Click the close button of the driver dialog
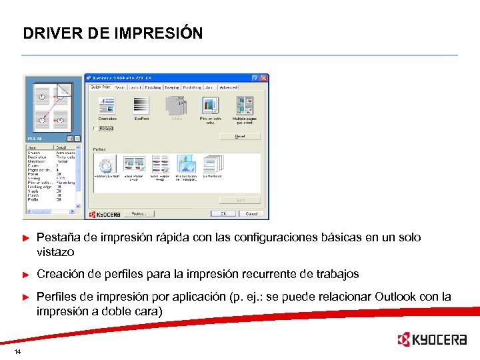(x=264, y=78)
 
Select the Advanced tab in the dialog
(x=228, y=87)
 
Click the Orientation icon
(x=107, y=106)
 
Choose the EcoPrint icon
(x=141, y=106)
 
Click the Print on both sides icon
(x=211, y=106)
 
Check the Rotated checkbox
(x=95, y=128)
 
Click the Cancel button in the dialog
(x=251, y=214)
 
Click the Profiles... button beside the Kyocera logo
(x=139, y=214)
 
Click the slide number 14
(x=17, y=351)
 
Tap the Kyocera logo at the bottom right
(x=431, y=339)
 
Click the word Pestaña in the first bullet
(x=57, y=237)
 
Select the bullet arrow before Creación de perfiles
(x=27, y=274)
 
